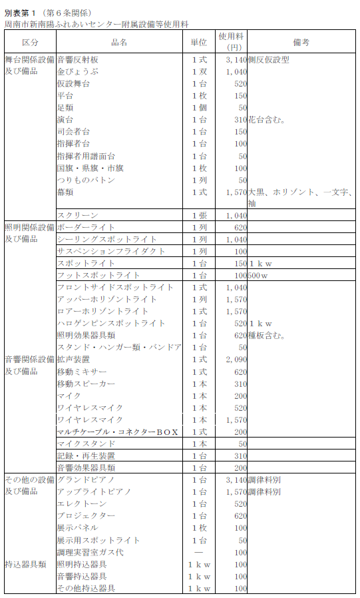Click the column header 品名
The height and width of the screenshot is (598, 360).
tap(120, 42)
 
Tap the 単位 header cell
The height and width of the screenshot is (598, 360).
tap(198, 42)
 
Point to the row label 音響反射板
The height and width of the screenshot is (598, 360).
tap(77, 60)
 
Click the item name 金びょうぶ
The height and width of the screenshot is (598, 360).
tap(77, 72)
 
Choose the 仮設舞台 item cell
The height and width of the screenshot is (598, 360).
tap(73, 84)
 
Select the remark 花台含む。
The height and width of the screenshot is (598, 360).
tap(268, 120)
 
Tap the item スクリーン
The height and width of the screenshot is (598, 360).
tap(77, 216)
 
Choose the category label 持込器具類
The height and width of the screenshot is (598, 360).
tap(25, 564)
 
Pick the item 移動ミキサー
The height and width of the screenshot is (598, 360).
tap(81, 372)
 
